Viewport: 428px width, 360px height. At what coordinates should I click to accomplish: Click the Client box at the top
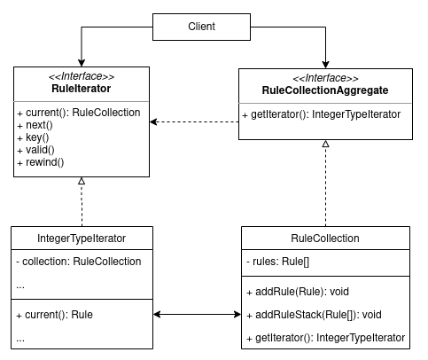(202, 27)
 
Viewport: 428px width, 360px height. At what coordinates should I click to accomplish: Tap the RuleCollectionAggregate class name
(325, 90)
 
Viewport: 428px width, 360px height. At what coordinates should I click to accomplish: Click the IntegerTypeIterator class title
(81, 239)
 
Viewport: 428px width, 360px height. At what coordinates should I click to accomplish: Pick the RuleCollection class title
(325, 239)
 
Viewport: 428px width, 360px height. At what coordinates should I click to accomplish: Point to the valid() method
(33, 151)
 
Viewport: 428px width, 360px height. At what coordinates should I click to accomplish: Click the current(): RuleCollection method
(79, 113)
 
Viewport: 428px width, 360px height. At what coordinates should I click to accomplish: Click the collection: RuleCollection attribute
(79, 262)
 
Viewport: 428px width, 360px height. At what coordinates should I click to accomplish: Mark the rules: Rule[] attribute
(277, 262)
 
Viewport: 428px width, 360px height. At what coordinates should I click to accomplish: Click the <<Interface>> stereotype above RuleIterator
(81, 75)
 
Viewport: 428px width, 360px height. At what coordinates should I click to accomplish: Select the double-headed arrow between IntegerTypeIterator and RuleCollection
(195, 314)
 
